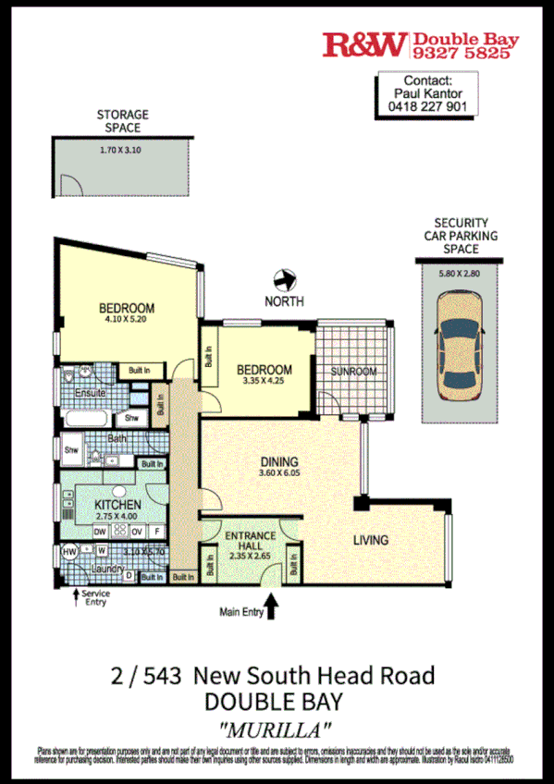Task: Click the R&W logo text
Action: click(x=364, y=44)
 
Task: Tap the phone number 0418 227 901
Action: click(x=427, y=105)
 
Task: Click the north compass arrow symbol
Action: click(x=285, y=278)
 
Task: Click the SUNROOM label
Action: click(x=354, y=372)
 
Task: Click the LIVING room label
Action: click(x=369, y=540)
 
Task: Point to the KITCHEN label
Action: click(x=117, y=505)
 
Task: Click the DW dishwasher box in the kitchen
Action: click(x=100, y=531)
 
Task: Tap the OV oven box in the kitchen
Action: click(x=136, y=531)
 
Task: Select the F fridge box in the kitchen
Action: click(x=158, y=531)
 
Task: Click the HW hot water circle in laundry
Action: click(x=68, y=552)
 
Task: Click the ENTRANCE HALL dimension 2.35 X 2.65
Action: click(x=249, y=556)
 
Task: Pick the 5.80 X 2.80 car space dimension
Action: click(x=460, y=274)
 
